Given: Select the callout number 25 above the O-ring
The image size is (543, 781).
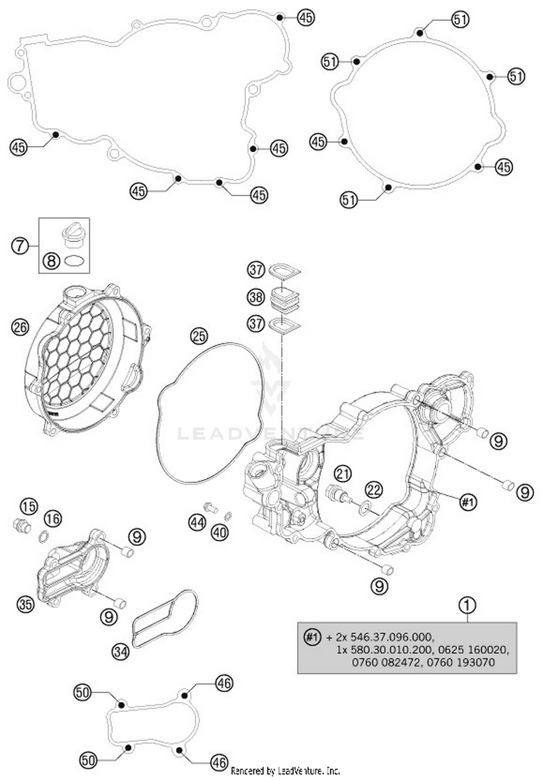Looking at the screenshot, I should coord(199,336).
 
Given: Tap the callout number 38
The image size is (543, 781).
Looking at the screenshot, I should coord(256,297).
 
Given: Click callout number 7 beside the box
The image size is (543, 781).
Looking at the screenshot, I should coord(20,246).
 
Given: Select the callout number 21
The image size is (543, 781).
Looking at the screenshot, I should coord(342,473).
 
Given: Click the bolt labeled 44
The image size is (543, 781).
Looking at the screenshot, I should coord(210,507).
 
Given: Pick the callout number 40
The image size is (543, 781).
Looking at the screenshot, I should coord(219,532).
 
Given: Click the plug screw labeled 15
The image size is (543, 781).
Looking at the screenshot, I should coord(22,525).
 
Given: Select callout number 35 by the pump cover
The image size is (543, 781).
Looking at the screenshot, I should coord(26,604).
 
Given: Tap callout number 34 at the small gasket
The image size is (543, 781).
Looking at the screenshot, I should coord(121,651).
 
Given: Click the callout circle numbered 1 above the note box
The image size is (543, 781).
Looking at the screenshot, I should coord(467,605).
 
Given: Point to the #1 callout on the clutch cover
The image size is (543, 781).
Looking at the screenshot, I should coord(468,502).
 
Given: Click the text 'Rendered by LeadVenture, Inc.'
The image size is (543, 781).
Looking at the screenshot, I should coord(285,771).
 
